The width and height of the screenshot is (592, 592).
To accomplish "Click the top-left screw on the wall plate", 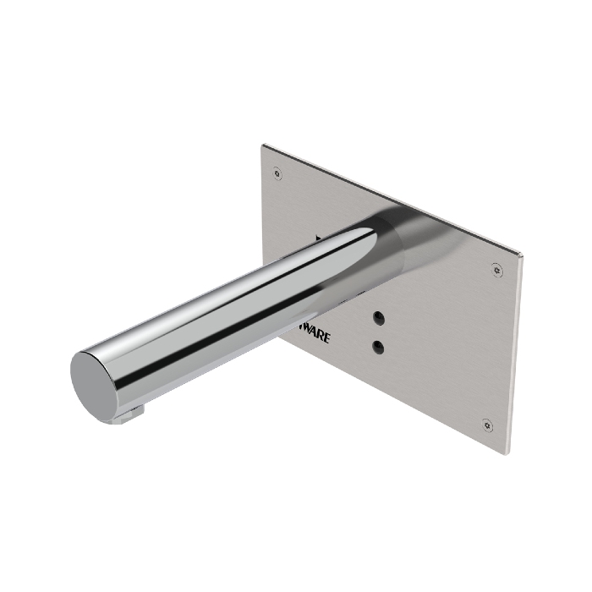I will click(277, 174).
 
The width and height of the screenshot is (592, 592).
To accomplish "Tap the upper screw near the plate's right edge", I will click(496, 270).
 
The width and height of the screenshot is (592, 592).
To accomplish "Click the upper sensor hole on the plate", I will click(378, 317).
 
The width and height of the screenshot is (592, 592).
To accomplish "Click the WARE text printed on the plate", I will click(315, 334).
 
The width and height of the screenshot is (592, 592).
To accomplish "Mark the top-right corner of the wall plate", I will click(523, 255).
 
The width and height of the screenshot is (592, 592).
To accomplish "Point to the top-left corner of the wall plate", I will click(262, 145).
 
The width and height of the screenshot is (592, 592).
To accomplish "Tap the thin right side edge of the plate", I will click(515, 355).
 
